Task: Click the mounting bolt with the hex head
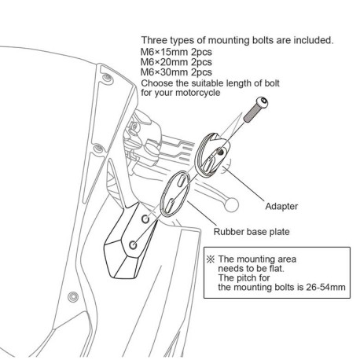(x=256, y=109)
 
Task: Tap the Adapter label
(x=281, y=206)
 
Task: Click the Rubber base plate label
(x=252, y=232)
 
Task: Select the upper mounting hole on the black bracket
(x=145, y=219)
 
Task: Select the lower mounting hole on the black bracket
(x=134, y=245)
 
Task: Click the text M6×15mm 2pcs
(x=176, y=52)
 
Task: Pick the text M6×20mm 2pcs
(x=176, y=62)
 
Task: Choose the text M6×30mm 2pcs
(x=176, y=72)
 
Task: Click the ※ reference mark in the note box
(x=211, y=259)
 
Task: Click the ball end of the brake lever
(x=232, y=204)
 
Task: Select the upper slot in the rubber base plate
(x=182, y=181)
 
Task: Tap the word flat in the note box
(x=276, y=269)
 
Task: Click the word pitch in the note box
(x=248, y=278)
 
